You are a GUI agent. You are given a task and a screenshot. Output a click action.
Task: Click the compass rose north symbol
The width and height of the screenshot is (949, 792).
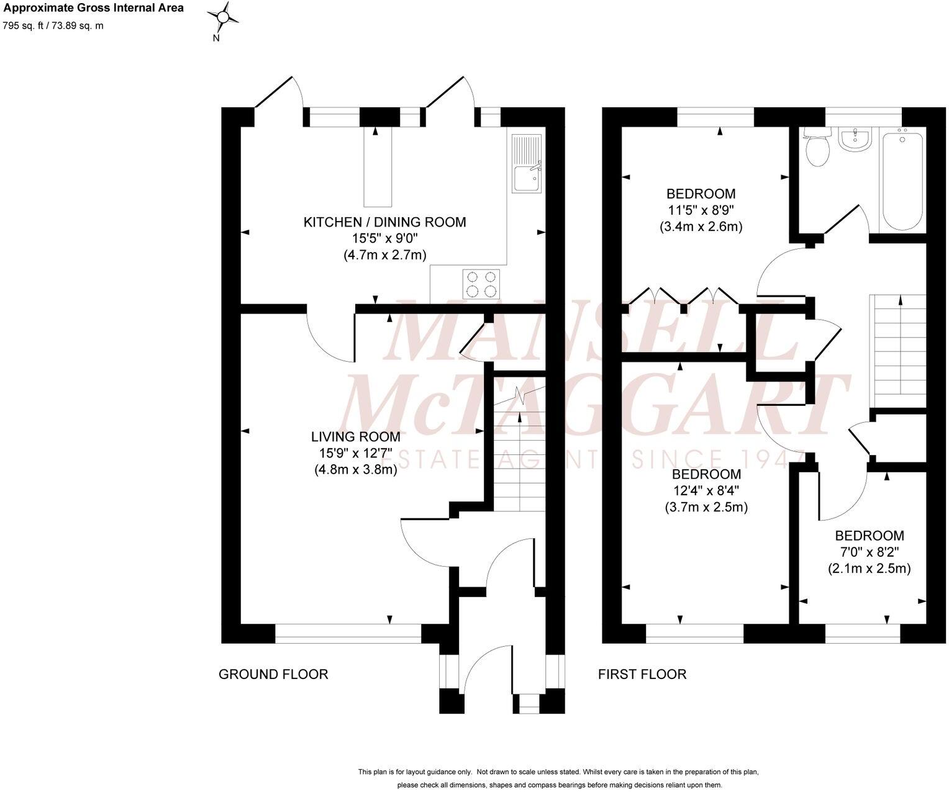pyautogui.click(x=225, y=19)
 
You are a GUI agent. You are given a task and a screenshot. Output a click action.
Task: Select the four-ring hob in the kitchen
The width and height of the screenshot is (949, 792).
pyautogui.click(x=481, y=283)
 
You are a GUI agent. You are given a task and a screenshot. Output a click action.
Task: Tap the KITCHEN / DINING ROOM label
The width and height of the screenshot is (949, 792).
pyautogui.click(x=384, y=222)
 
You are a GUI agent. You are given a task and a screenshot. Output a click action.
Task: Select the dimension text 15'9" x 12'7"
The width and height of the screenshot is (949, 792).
pyautogui.click(x=355, y=454)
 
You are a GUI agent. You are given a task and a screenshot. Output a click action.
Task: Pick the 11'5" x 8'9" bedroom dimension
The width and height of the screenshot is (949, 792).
pyautogui.click(x=701, y=210)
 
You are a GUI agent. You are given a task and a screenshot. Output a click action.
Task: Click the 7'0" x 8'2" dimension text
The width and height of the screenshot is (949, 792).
pyautogui.click(x=869, y=552)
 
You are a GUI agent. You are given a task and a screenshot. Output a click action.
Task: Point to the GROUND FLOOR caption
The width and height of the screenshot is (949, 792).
pyautogui.click(x=273, y=674)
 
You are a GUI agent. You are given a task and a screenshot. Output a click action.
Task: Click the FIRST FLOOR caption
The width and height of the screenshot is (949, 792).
pyautogui.click(x=642, y=674)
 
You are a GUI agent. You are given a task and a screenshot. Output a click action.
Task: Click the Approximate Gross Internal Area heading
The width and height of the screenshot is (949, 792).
pyautogui.click(x=94, y=8)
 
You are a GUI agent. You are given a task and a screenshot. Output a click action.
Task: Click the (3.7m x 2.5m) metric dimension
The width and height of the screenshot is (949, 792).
pyautogui.click(x=706, y=507)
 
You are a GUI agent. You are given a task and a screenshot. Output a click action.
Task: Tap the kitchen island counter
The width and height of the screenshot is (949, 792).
pyautogui.click(x=378, y=168)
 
